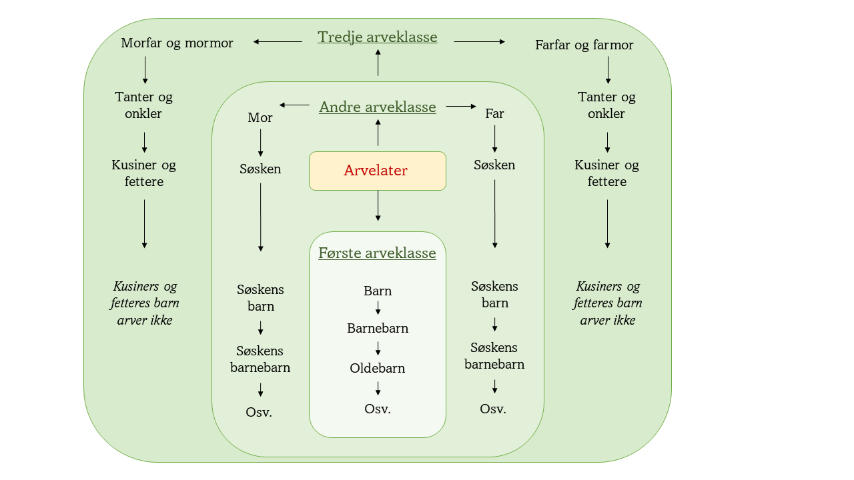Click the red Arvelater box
tap(377, 171)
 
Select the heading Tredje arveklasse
tap(378, 37)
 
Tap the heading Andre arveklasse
tap(378, 107)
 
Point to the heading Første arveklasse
tap(377, 253)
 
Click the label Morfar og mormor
tap(177, 43)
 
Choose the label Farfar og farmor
tap(584, 45)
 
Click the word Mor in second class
tap(260, 117)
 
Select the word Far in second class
tap(494, 114)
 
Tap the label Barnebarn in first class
tap(378, 329)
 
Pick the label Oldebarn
tap(378, 368)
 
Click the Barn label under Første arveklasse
tap(378, 291)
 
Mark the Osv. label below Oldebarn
tap(378, 409)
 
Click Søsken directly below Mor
tap(260, 169)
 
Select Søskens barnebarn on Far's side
tap(494, 356)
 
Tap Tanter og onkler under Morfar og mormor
tap(144, 105)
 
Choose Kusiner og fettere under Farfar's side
tap(607, 173)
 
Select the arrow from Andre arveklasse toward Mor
tap(294, 105)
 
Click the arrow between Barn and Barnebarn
tap(378, 308)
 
